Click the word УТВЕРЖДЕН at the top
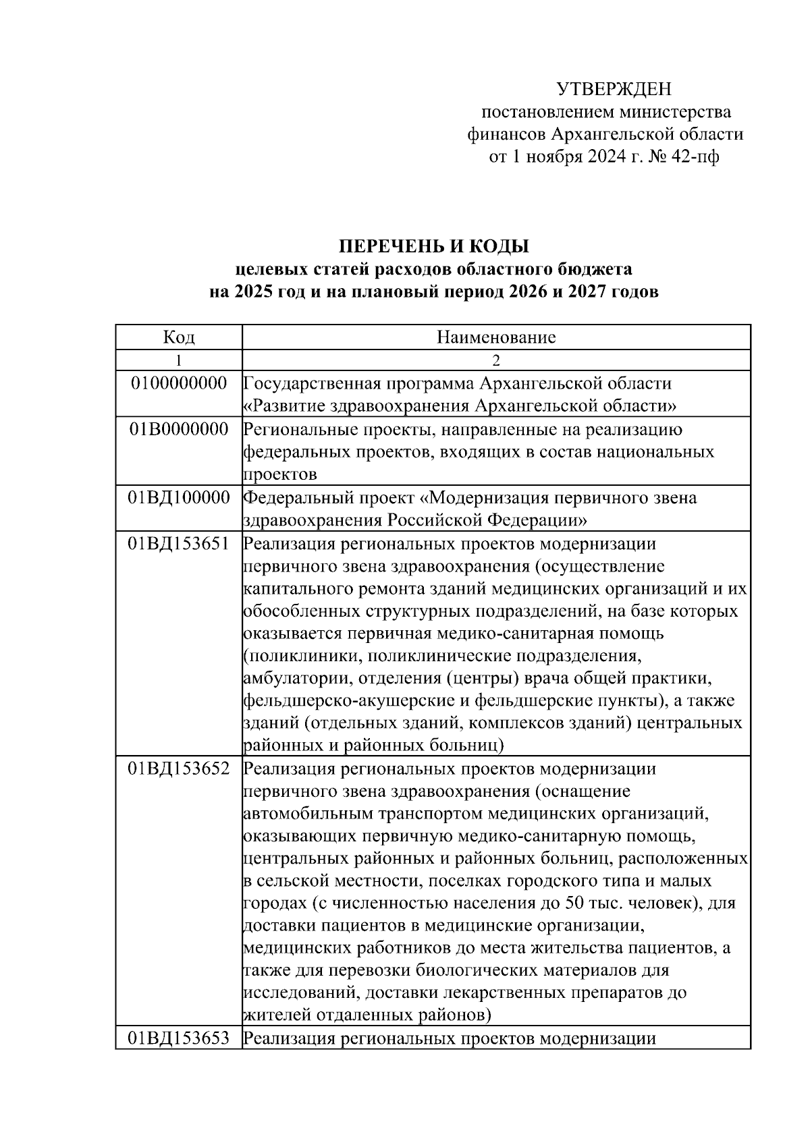[614, 89]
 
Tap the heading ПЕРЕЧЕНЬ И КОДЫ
[433, 246]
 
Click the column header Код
[179, 337]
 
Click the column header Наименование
[496, 337]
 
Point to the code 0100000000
[179, 383]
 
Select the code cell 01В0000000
[179, 429]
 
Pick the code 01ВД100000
[179, 498]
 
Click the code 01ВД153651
[179, 544]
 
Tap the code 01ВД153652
[179, 769]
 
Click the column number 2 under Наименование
[496, 360]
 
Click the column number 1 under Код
[179, 360]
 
